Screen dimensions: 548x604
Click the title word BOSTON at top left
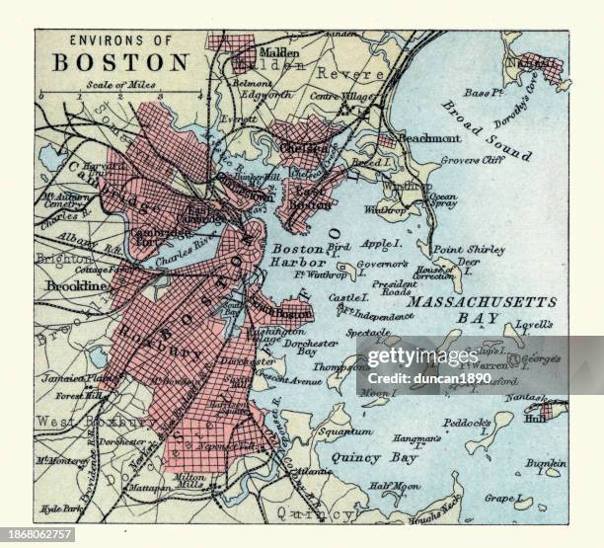119,62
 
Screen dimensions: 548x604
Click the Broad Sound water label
486,130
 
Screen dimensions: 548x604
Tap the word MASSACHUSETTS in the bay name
483,301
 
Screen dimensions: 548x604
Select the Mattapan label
147,488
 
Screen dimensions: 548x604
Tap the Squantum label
343,431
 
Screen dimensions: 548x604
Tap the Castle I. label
346,296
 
